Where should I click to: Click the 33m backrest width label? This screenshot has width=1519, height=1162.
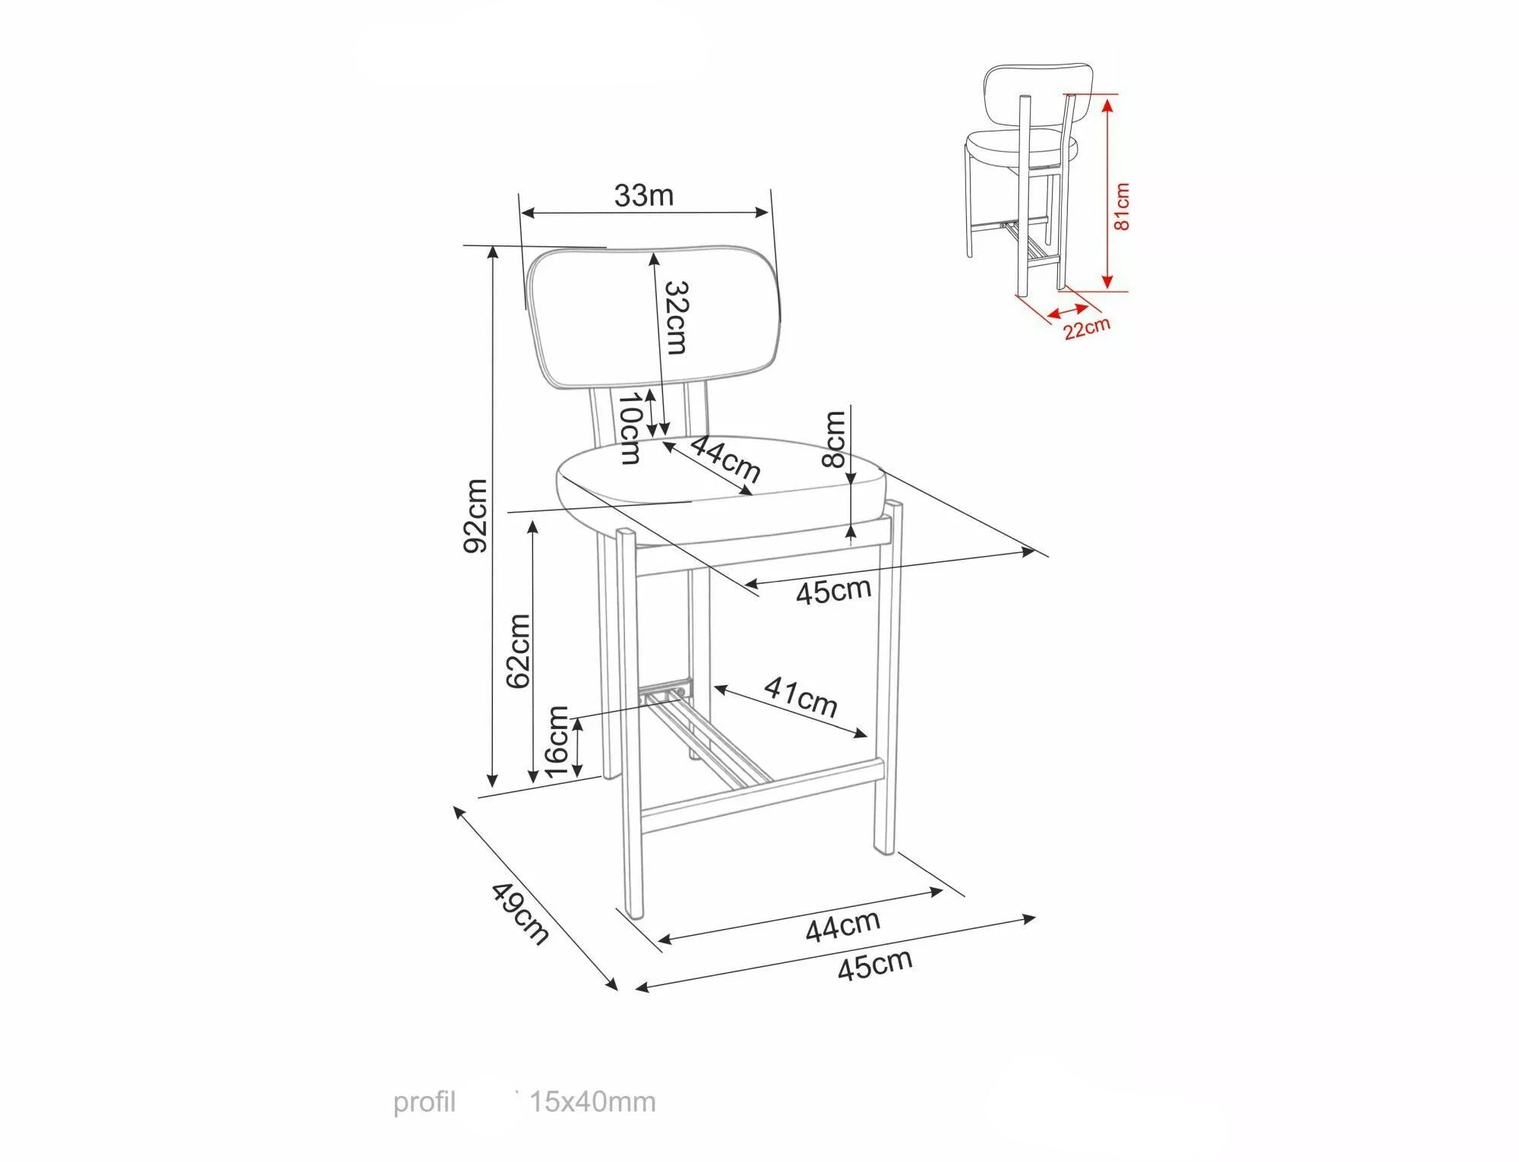pyautogui.click(x=644, y=196)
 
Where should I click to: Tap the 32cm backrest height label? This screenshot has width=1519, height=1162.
pyautogui.click(x=676, y=317)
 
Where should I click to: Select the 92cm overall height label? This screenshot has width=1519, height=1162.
pyautogui.click(x=476, y=516)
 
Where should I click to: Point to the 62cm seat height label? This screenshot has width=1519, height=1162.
pyautogui.click(x=518, y=651)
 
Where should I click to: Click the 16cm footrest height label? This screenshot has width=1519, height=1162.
pyautogui.click(x=557, y=742)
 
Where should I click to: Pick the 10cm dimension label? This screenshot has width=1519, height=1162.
pyautogui.click(x=630, y=428)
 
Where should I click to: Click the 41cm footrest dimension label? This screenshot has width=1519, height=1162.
pyautogui.click(x=801, y=696)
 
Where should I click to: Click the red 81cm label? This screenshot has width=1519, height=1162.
pyautogui.click(x=1121, y=206)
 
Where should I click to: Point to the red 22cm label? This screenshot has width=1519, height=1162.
pyautogui.click(x=1086, y=328)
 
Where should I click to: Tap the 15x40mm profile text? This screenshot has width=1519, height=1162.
pyautogui.click(x=592, y=1101)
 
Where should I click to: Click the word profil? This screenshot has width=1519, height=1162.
pyautogui.click(x=424, y=1102)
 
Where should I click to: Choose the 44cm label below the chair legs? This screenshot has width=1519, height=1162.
pyautogui.click(x=843, y=926)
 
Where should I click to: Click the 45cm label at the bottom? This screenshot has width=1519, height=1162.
pyautogui.click(x=875, y=965)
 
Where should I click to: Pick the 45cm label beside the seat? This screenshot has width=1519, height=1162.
pyautogui.click(x=833, y=591)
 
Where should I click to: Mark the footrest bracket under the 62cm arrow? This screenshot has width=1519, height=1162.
pyautogui.click(x=667, y=692)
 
